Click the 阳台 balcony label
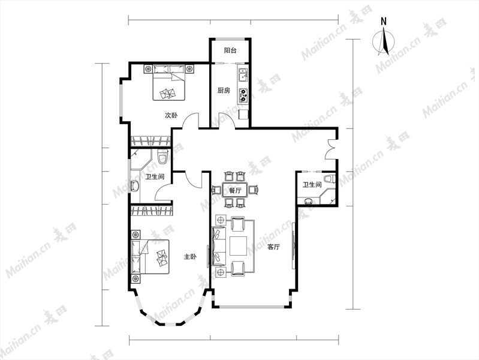pos(230,50)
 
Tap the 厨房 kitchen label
pos(224,91)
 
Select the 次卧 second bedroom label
pos(171,115)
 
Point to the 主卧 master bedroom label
pos(190,257)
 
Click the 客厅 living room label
pos(273,247)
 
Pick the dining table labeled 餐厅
pos(235,190)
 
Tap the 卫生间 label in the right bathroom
pos(312,185)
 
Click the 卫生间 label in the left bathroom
pos(155,177)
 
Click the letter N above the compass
pos(384,22)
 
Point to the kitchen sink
pos(243,75)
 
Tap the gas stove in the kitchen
pos(243,95)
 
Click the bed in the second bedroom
pos(169,82)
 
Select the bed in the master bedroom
pos(150,257)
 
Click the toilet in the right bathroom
pos(329,179)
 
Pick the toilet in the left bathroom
pos(162,156)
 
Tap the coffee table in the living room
pos(238,246)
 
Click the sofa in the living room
pos(219,246)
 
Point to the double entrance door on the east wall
pos(331,149)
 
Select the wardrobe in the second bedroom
pos(150,140)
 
